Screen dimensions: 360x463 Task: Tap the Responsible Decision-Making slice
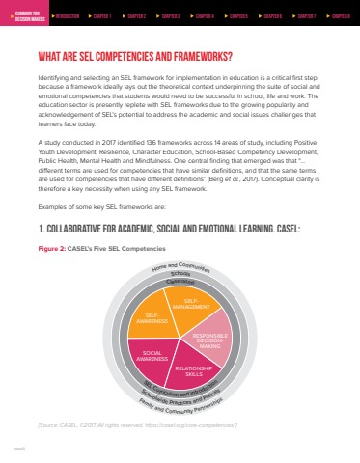[x=209, y=340]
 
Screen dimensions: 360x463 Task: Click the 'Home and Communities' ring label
[x=180, y=269]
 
